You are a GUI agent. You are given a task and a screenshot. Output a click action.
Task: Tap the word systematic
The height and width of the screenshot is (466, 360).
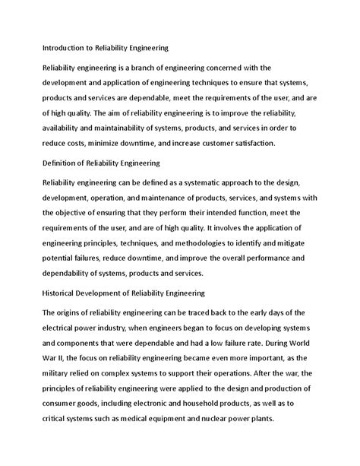(219, 182)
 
